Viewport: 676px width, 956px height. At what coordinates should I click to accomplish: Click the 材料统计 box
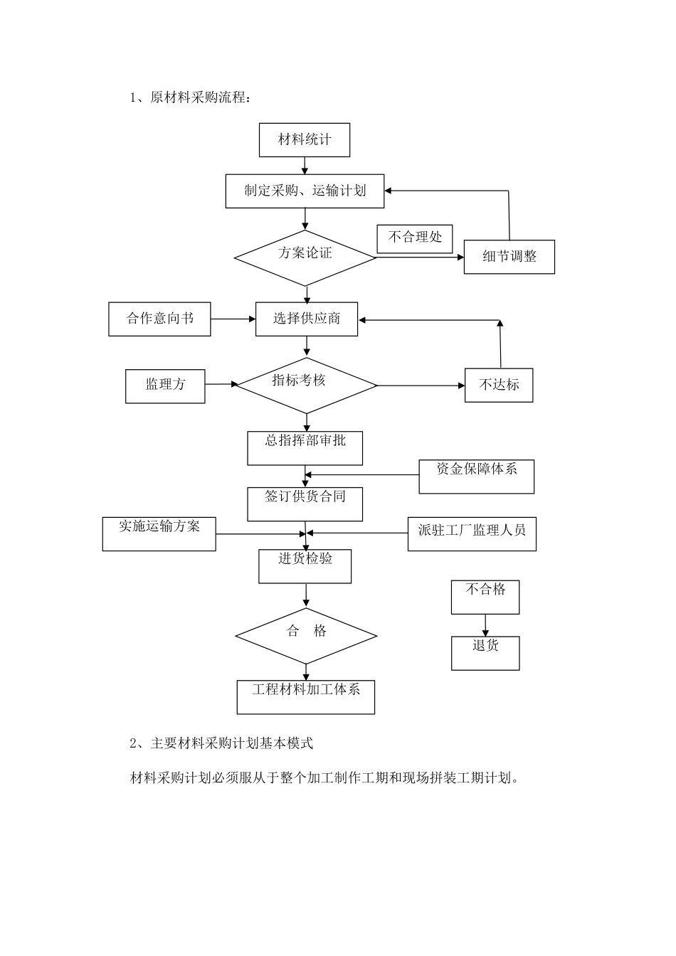[x=305, y=140]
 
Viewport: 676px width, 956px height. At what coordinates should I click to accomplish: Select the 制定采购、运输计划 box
[x=305, y=191]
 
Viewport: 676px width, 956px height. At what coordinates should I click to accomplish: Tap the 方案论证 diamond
[x=305, y=257]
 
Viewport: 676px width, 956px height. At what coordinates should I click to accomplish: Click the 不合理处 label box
[x=415, y=238]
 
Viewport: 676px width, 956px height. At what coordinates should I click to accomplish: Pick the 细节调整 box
[x=509, y=257]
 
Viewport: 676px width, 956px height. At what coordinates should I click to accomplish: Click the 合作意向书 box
[x=160, y=319]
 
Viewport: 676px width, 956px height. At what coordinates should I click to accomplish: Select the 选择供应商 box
[x=307, y=319]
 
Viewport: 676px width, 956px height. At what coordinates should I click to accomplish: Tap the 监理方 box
[x=165, y=386]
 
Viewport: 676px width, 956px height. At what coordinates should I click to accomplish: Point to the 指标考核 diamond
[x=306, y=385]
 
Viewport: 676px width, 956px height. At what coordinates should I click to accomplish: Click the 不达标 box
[x=499, y=385]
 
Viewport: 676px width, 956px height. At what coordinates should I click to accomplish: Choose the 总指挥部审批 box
[x=305, y=448]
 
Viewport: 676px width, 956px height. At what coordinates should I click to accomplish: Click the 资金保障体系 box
[x=476, y=477]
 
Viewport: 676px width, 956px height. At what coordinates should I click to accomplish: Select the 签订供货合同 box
[x=305, y=504]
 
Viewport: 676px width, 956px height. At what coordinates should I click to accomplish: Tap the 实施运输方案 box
[x=159, y=533]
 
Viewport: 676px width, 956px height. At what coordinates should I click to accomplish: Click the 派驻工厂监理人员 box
[x=472, y=533]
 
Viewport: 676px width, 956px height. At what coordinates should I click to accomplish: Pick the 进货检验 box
[x=305, y=566]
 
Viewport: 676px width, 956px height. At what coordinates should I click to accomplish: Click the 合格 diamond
[x=306, y=635]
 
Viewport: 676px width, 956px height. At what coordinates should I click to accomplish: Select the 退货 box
[x=485, y=653]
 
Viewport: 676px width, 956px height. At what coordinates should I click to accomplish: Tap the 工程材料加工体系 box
[x=306, y=696]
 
